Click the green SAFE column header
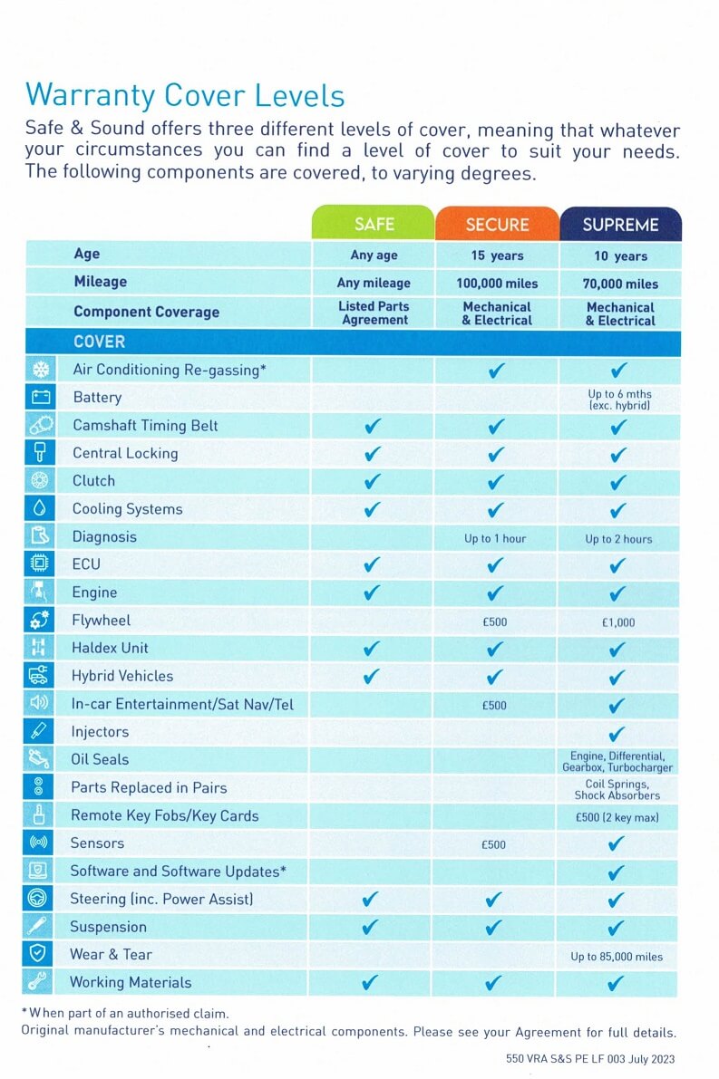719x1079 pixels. tap(374, 223)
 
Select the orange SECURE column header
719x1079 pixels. tap(497, 224)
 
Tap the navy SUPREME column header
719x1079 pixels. tap(620, 225)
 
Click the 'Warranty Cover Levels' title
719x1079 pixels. tap(185, 96)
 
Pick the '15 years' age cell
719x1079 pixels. tap(497, 255)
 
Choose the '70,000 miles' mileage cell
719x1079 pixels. tap(620, 284)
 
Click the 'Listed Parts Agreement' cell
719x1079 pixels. tap(374, 313)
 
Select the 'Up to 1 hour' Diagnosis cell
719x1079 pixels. tap(494, 538)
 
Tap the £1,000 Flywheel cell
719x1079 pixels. tap(618, 622)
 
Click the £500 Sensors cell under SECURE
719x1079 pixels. tap(493, 844)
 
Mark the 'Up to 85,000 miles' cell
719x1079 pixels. tap(617, 956)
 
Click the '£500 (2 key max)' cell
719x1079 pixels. tap(617, 817)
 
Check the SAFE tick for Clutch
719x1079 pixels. tap(372, 481)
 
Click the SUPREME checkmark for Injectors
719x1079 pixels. tap(617, 733)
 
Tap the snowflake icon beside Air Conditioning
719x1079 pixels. tap(42, 370)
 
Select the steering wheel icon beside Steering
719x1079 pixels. tap(37, 898)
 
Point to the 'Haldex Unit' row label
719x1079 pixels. tap(110, 648)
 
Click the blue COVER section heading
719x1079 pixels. tap(99, 342)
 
